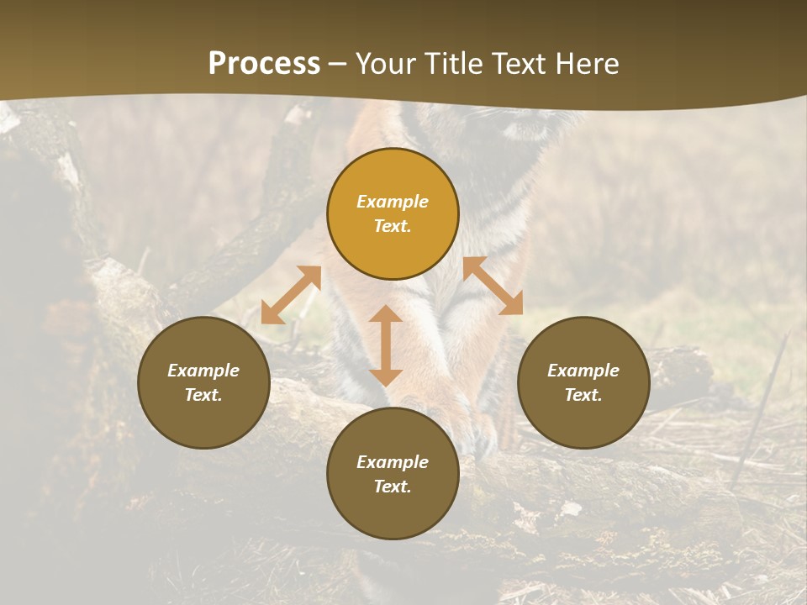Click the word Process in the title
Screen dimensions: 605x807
point(264,64)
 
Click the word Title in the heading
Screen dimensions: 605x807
point(453,64)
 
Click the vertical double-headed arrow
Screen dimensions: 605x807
point(386,345)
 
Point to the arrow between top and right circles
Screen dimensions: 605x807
point(493,286)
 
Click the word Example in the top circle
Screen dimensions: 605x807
point(393,202)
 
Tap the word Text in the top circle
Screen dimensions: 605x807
point(393,226)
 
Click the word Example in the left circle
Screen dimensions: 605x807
point(203,371)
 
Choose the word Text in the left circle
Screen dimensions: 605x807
point(203,395)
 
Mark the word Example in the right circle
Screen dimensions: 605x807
point(583,371)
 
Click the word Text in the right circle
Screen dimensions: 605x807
point(583,395)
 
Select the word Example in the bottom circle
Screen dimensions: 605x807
point(393,462)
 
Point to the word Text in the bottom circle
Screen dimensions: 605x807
point(393,487)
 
